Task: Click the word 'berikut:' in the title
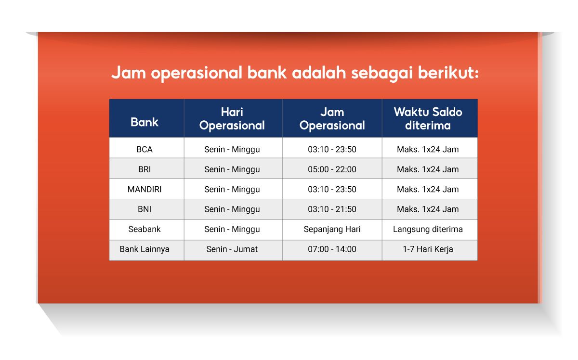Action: [448, 73]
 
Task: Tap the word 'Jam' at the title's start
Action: [129, 73]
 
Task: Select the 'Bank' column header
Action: [144, 122]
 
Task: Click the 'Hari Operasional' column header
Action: [232, 118]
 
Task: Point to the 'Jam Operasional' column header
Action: [332, 118]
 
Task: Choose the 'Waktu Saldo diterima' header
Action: [428, 118]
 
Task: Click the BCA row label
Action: [144, 149]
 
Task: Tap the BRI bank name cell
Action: [144, 169]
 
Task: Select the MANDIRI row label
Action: [144, 189]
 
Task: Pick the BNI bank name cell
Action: [144, 209]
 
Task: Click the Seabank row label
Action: [144, 229]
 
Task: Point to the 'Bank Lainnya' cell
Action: [144, 249]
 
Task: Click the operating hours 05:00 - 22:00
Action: [332, 169]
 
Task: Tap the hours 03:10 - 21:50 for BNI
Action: [332, 209]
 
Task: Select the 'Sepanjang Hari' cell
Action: [332, 229]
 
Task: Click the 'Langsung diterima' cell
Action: [428, 229]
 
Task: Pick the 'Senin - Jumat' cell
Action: [232, 249]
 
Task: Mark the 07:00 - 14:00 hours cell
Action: [332, 249]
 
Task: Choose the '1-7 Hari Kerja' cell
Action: [428, 249]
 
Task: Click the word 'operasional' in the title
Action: [197, 73]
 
